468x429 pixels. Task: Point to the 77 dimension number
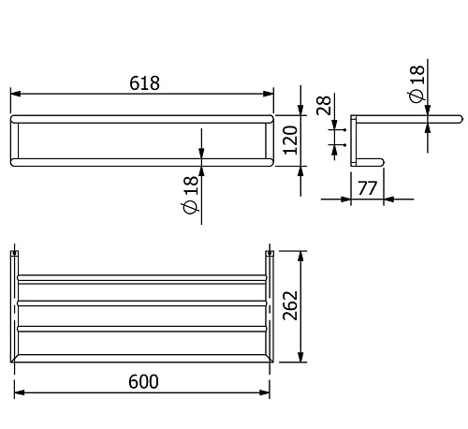coord(366,188)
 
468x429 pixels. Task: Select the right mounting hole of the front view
coord(269,253)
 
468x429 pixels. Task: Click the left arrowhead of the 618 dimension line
coord(15,94)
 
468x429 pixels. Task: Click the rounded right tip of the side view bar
coord(459,119)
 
